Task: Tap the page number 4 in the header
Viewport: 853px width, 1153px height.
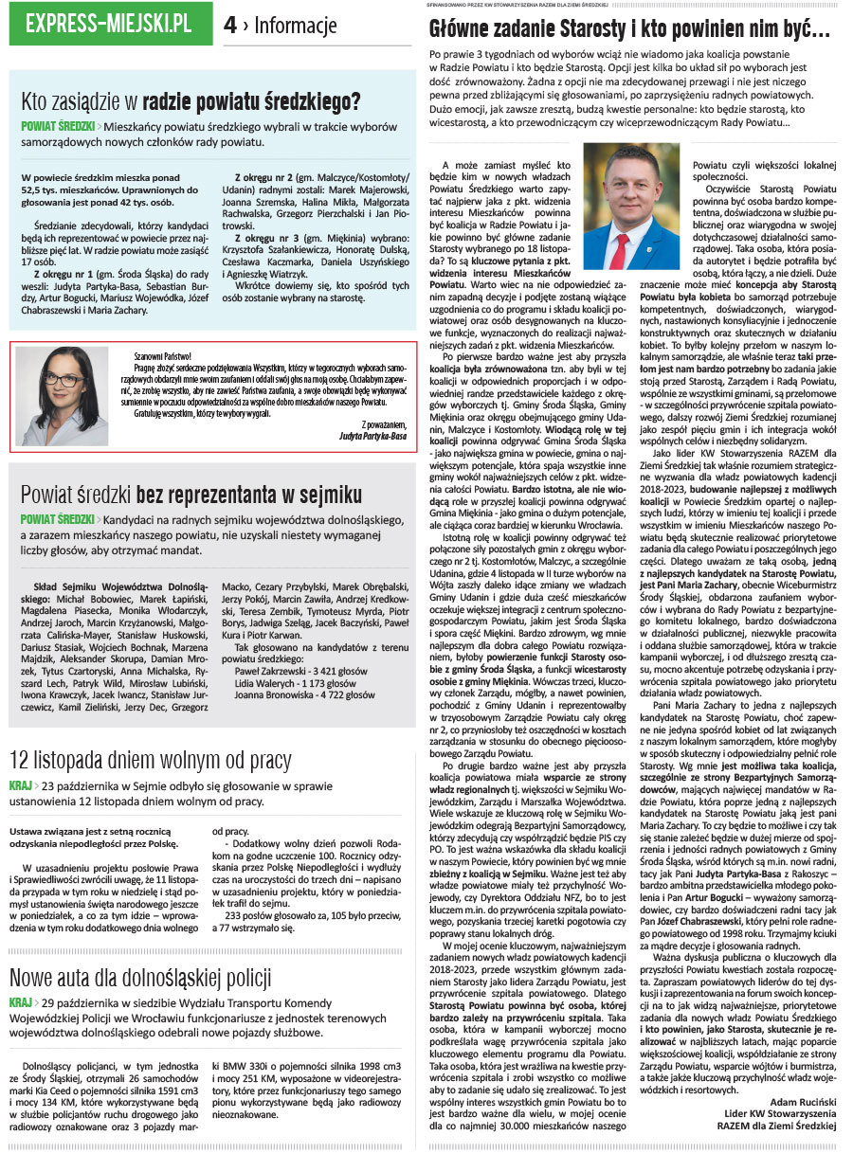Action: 230,26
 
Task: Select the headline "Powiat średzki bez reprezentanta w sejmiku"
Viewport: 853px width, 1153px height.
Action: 191,494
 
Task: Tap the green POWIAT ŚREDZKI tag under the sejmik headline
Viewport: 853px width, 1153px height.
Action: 57,520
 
